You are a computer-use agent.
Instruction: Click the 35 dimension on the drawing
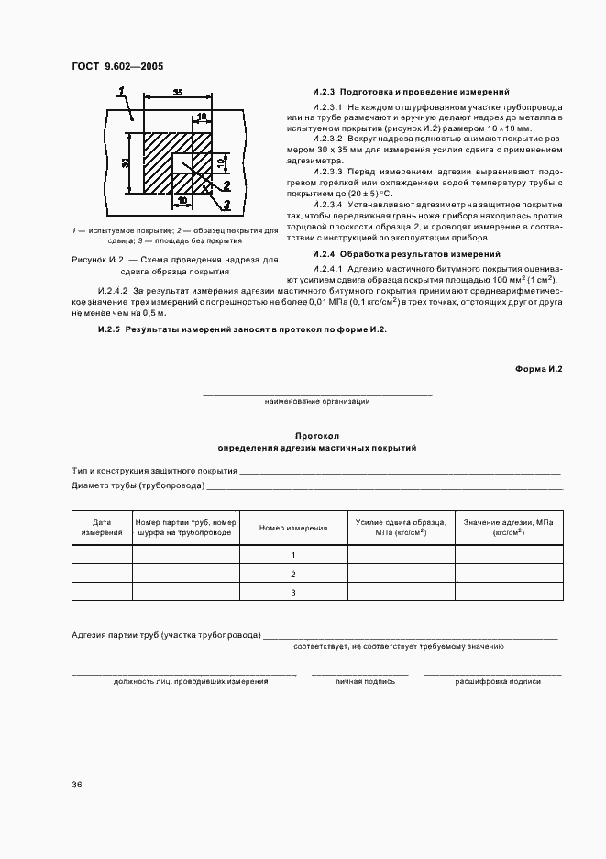click(178, 93)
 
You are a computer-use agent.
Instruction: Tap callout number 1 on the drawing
click(121, 89)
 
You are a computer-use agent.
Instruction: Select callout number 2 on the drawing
click(226, 184)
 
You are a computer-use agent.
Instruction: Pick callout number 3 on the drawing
click(226, 204)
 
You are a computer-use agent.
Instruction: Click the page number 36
click(77, 785)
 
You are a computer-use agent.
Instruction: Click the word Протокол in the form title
click(317, 437)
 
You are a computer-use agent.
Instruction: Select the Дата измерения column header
click(102, 527)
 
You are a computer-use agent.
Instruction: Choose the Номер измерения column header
click(293, 528)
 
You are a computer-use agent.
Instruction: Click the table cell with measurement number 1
click(293, 555)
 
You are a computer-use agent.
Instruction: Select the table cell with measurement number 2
click(293, 574)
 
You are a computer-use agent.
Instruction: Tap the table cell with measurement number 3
click(293, 592)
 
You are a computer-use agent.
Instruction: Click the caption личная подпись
click(365, 682)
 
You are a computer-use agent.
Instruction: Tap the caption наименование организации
click(317, 401)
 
